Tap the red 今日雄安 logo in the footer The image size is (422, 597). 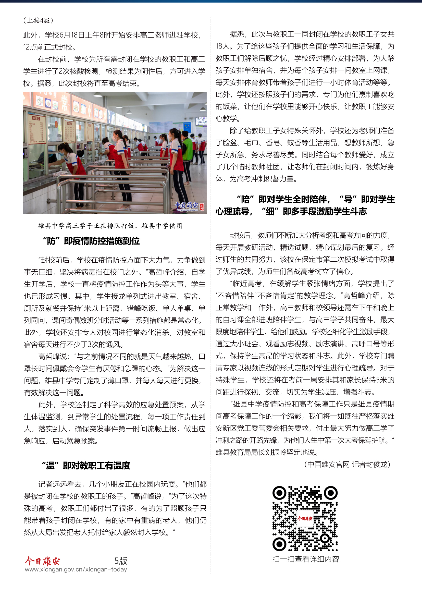pyautogui.click(x=42, y=561)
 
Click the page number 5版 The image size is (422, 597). pyautogui.click(x=121, y=561)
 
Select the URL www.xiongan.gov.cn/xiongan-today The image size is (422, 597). pyautogui.click(x=76, y=569)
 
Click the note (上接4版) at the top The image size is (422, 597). pyautogui.click(x=38, y=20)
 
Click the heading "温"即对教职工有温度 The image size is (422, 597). pyautogui.click(x=86, y=466)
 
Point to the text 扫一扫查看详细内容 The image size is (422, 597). pyautogui.click(x=306, y=559)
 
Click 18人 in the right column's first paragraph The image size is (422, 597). pyautogui.click(x=222, y=46)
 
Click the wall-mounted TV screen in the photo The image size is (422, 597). pyautogui.click(x=201, y=121)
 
